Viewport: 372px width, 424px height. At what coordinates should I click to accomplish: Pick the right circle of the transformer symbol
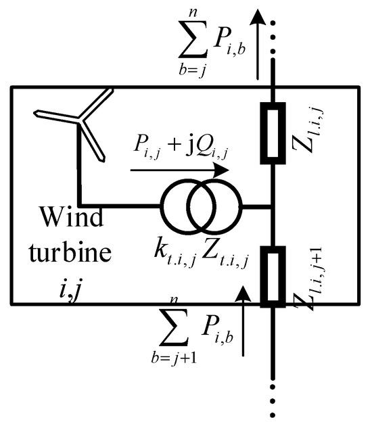coord(216,204)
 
